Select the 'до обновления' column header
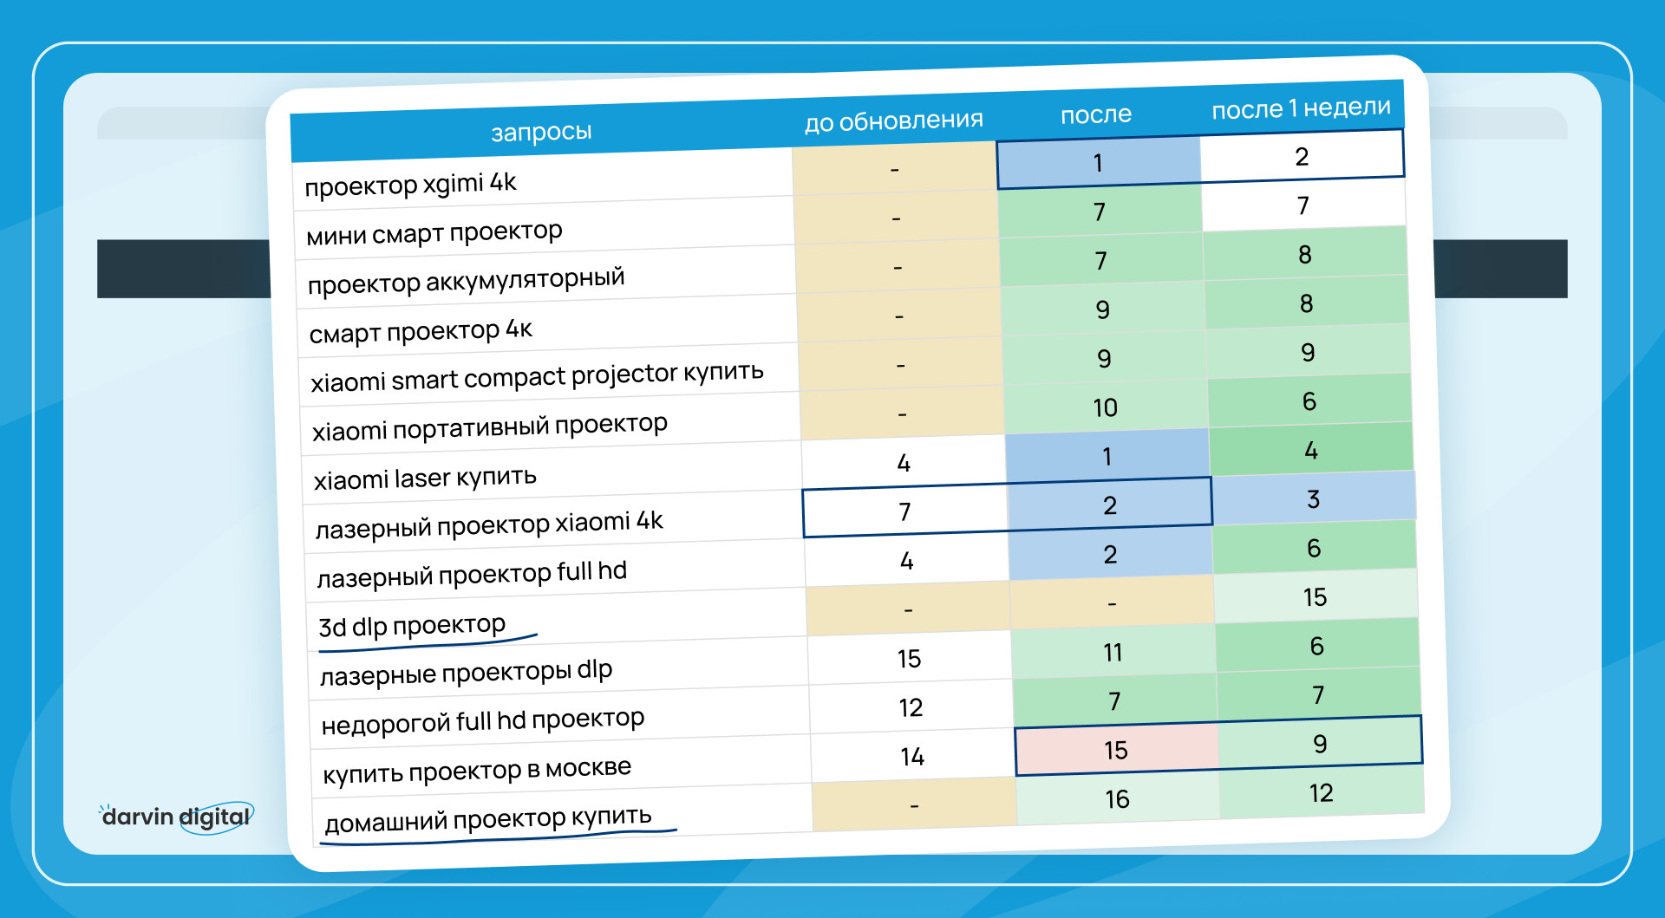coord(893,120)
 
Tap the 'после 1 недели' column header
coord(1301,108)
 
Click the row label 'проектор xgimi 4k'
coord(410,184)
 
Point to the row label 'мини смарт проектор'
coord(434,232)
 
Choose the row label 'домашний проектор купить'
coord(487,819)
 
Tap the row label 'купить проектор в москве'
coord(477,770)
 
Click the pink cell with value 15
coord(1116,750)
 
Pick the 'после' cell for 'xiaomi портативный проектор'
coord(1105,407)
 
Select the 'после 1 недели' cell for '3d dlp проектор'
coord(1315,596)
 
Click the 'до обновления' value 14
coord(911,757)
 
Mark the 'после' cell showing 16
coord(1117,798)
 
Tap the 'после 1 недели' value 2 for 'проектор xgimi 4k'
coord(1301,157)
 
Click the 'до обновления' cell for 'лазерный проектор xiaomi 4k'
coord(904,511)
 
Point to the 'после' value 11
coord(1113,652)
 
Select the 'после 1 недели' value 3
coord(1313,499)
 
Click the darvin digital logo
coord(177,817)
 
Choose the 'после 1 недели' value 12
coord(1321,792)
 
